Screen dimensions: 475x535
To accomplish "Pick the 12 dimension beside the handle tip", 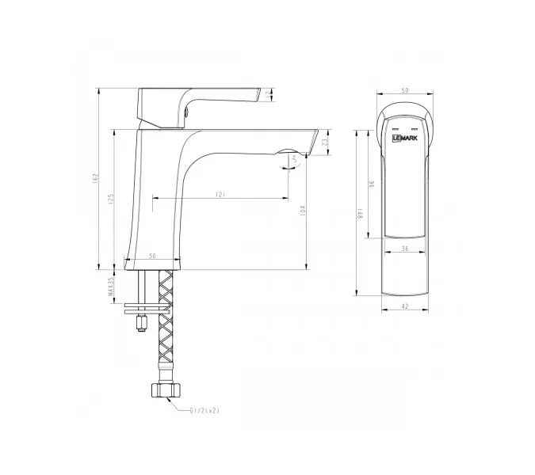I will coord(267,94).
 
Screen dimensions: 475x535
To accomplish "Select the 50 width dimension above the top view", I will coord(406,90).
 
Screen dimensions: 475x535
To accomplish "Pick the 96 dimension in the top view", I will coord(371,184).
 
